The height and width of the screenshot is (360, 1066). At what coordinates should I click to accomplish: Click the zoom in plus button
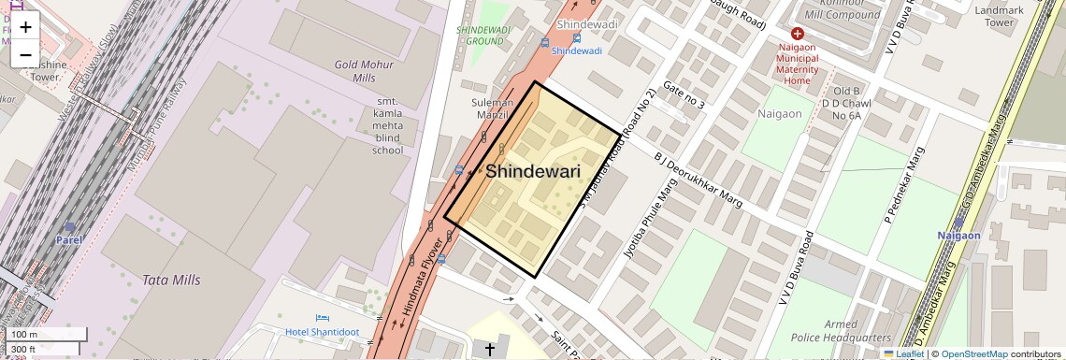25,27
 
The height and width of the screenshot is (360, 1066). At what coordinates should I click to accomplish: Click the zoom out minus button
25,55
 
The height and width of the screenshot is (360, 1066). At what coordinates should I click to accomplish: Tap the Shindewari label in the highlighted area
532,172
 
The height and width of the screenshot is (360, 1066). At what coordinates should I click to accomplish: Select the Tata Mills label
170,280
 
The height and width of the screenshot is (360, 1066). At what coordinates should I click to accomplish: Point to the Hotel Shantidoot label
323,333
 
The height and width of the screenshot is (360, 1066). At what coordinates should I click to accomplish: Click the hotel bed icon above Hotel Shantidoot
323,319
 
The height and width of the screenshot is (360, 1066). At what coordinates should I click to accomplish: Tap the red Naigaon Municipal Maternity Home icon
797,33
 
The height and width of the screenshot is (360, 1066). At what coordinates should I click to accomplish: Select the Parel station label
68,239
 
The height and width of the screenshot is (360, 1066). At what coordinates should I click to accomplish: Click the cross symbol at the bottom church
489,350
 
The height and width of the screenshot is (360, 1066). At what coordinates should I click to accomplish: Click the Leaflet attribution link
903,353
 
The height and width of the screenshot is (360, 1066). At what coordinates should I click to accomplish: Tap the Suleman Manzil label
491,108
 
